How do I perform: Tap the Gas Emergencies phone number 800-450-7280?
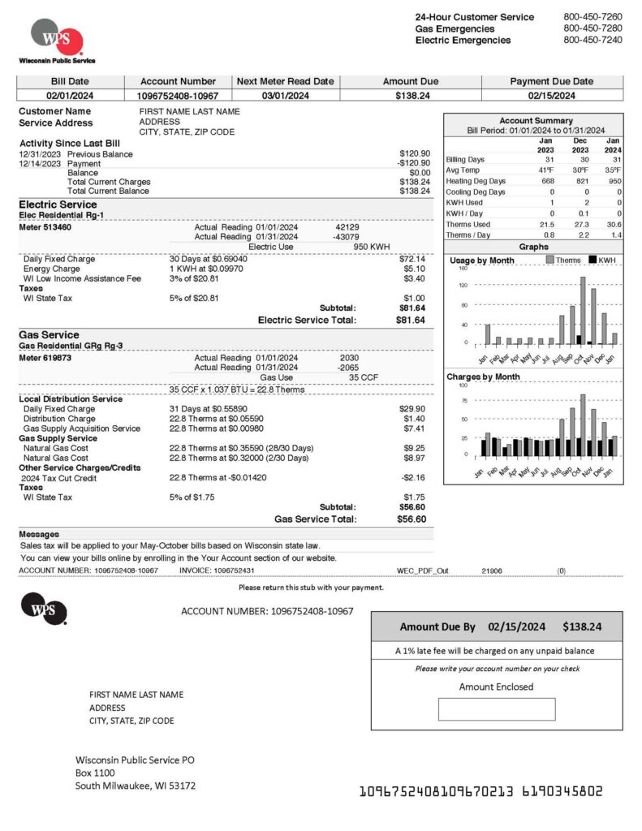pos(592,28)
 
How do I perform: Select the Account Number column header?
pos(178,81)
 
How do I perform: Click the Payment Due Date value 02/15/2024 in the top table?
pos(551,96)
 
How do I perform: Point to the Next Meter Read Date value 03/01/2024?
pos(285,96)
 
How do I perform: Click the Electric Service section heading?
pos(58,205)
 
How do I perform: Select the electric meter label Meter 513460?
pos(45,227)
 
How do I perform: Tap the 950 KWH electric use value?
pos(372,246)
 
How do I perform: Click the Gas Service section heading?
pos(49,334)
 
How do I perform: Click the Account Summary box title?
pos(536,120)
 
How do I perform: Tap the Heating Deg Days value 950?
pos(614,181)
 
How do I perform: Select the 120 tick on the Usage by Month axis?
pos(463,286)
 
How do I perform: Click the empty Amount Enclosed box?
pos(497,709)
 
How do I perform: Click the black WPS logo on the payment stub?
pos(44,608)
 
